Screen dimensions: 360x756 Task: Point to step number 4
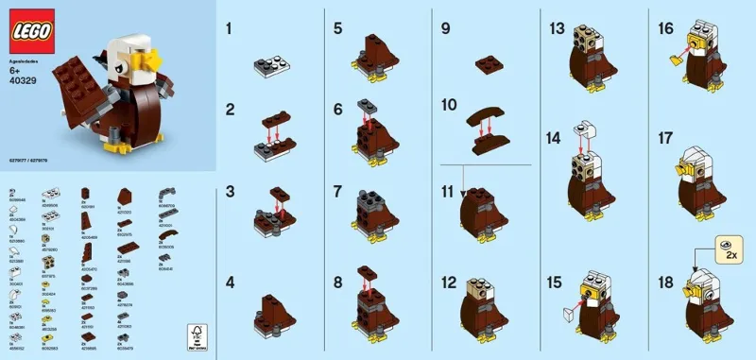coord(230,282)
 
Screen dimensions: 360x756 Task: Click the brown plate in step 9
coord(490,63)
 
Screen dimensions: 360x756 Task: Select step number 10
coord(448,103)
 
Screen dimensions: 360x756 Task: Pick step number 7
coord(337,191)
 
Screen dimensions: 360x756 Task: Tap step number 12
coord(449,282)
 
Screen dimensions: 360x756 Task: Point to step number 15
coord(557,282)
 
